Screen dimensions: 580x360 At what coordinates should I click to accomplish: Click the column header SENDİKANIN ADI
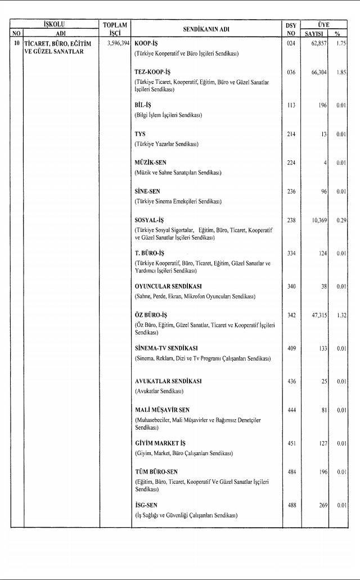(x=206, y=29)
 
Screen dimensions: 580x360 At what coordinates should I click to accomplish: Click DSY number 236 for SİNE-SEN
(x=291, y=191)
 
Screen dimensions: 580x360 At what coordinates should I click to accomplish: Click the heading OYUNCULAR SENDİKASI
(x=168, y=286)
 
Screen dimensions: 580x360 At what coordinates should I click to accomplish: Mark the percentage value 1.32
(x=339, y=316)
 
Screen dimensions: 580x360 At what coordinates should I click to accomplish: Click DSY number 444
(x=291, y=410)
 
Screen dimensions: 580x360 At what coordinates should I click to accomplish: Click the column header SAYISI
(x=316, y=33)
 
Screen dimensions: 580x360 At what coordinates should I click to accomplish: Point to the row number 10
(x=17, y=43)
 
